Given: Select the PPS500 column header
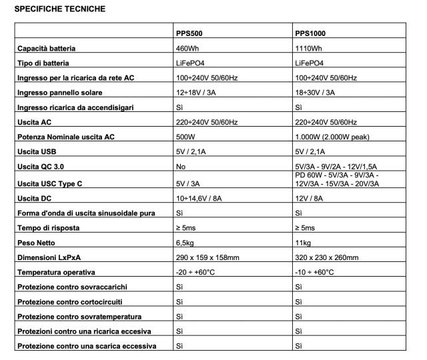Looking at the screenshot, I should click(188, 32).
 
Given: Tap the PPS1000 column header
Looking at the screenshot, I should click(310, 32).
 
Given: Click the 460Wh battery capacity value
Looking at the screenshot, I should click(187, 49).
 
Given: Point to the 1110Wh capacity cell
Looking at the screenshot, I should click(309, 49).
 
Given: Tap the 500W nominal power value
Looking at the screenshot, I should click(185, 137).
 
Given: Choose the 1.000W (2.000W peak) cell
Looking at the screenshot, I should click(332, 137).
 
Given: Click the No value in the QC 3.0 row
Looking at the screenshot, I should click(180, 167).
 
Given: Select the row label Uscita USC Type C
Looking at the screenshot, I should click(54, 183).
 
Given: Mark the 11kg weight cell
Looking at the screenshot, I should click(303, 243).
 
